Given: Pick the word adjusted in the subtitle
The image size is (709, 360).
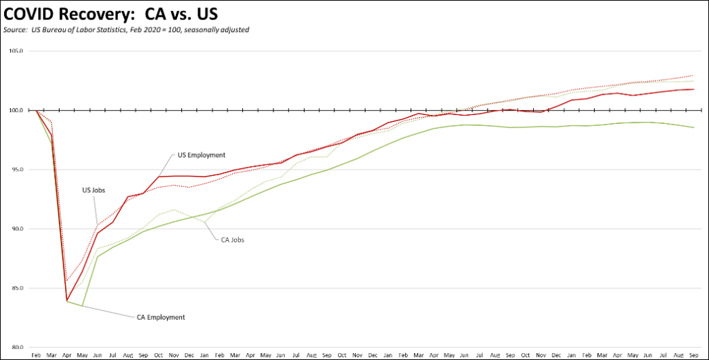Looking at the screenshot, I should pos(233,30).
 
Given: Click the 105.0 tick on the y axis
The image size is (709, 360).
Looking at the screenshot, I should pos(17,51).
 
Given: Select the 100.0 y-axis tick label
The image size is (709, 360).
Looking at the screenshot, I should pos(17,111).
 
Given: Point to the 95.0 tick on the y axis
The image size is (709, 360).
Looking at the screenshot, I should pos(17,170).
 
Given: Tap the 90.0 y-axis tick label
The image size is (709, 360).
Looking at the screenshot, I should pos(17,229).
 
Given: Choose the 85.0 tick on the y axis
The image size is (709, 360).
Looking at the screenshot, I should pos(17,288).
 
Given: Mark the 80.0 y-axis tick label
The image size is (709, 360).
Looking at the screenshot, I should pos(17,347).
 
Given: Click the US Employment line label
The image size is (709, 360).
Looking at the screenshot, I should pos(201,155).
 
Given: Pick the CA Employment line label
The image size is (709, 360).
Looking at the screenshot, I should pos(159,317).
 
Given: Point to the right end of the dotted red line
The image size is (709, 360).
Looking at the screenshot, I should pos(693,75).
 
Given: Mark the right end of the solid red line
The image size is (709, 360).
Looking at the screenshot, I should pos(693,89).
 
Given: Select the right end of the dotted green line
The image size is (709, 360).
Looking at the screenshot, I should pos(693,81).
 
